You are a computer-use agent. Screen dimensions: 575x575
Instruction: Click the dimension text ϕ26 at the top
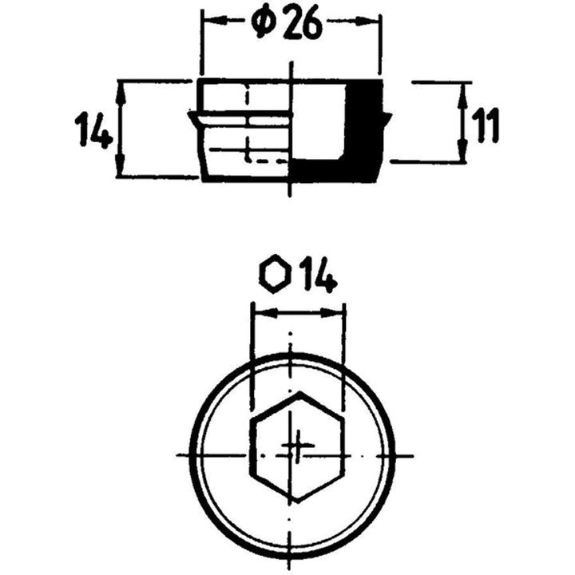click(x=286, y=25)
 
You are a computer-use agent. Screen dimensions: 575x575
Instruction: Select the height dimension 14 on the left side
click(x=93, y=129)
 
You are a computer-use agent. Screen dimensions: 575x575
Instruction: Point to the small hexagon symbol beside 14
click(x=274, y=276)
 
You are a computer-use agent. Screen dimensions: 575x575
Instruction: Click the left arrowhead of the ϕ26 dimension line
click(x=209, y=24)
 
